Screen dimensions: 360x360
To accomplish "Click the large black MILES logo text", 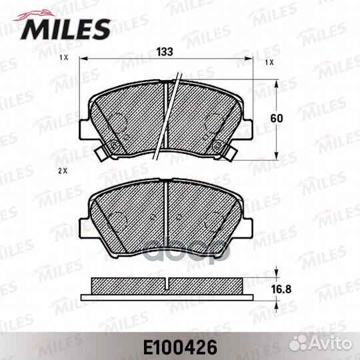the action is [65, 29].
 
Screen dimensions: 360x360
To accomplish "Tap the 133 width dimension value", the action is [165, 51].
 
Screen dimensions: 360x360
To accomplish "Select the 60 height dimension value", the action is [277, 119].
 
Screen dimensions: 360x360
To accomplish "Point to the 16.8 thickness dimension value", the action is [281, 289].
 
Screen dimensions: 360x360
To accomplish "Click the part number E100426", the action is [180, 347].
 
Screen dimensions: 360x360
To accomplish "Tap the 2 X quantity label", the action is [63, 171].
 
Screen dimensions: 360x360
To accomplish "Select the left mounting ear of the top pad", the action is [84, 129].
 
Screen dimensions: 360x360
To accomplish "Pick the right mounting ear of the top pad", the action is [248, 129].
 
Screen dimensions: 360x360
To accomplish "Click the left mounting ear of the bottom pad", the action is [84, 229].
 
